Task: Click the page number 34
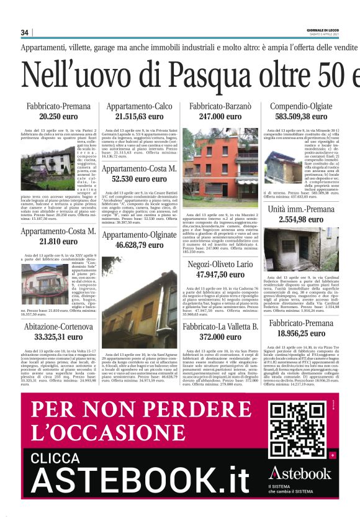(x=25, y=33)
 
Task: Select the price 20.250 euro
(x=58, y=116)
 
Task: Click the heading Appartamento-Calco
(x=139, y=106)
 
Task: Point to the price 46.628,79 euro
(x=139, y=245)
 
